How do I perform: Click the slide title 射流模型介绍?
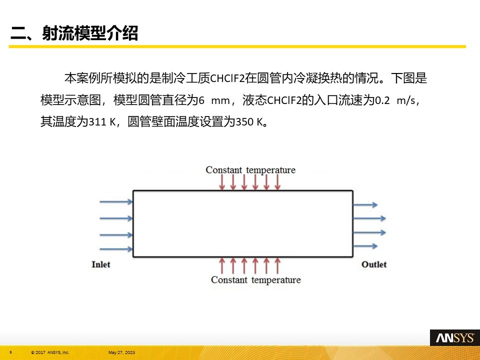pos(90,33)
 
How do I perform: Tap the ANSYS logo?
pos(455,337)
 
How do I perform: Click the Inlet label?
pos(100,264)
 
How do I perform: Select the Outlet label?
pos(374,264)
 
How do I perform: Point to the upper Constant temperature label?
pos(250,170)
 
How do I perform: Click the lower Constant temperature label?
pos(256,280)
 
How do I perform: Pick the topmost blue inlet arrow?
pos(116,201)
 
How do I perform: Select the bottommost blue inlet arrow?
pos(116,249)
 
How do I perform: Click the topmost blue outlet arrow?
pos(365,204)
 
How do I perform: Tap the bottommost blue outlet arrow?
pos(365,246)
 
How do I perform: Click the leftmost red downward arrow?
pos(222,183)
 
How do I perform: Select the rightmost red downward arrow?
pos(277,183)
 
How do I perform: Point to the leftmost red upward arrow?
pos(222,265)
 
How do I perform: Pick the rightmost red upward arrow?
pos(277,265)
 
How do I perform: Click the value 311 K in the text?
pos(102,122)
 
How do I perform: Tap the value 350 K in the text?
pos(249,122)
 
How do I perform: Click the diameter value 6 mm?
pos(214,100)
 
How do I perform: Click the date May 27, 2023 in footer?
pos(121,352)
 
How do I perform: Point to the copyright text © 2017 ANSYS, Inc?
pos(50,352)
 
